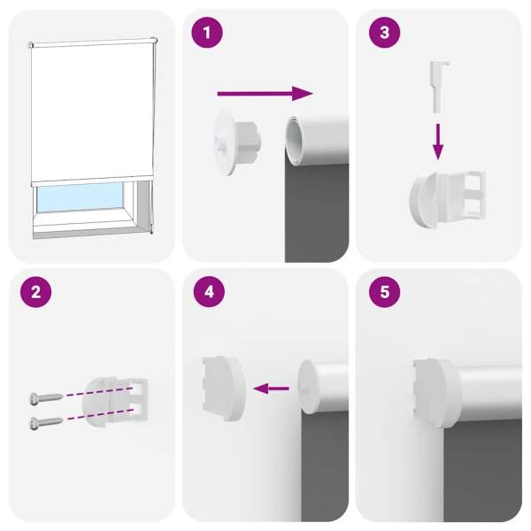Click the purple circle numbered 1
[x=207, y=33]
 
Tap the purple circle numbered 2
[x=35, y=291]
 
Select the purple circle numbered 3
[x=384, y=33]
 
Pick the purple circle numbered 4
[x=209, y=291]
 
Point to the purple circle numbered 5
[x=384, y=291]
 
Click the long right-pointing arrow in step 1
[x=265, y=94]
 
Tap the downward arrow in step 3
[x=438, y=142]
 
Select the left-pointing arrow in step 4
[x=271, y=389]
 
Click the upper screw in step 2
[x=46, y=396]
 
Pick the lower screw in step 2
[x=46, y=423]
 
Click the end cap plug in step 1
[x=238, y=142]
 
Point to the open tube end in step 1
[x=294, y=141]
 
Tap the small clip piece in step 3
[x=438, y=87]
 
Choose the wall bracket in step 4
[x=223, y=388]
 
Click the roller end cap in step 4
[x=308, y=387]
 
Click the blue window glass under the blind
[x=80, y=198]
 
